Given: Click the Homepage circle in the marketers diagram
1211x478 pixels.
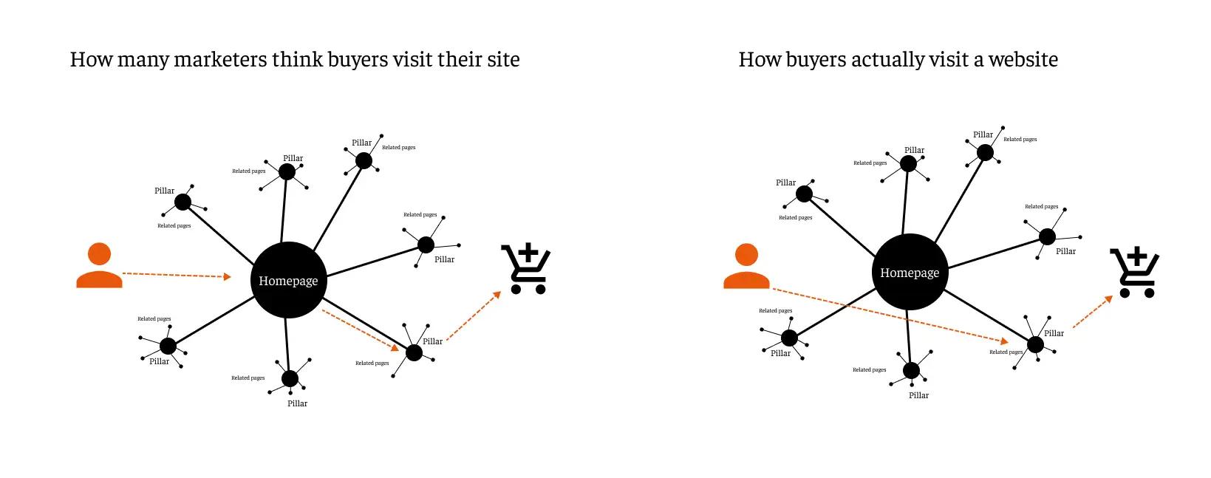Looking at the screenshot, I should point(289,280).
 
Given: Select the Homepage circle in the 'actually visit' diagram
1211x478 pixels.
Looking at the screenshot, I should point(910,272).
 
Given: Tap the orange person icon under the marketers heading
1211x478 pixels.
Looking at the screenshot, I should point(99,265).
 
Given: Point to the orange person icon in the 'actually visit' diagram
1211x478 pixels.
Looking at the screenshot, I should point(746,266).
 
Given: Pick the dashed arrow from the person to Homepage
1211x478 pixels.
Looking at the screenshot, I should point(176,276).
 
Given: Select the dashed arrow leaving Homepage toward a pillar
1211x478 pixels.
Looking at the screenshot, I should point(360,330).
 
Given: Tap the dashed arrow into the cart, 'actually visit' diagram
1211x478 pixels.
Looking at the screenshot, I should point(1092,312).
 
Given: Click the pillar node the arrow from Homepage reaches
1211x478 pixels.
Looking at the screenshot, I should point(415,352).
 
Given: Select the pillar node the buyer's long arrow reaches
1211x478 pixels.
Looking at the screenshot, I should point(1035,344).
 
